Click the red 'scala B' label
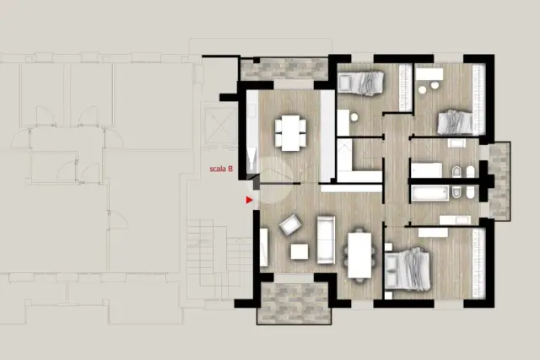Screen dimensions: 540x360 [x=221, y=169]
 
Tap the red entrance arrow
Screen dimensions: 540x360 [x=250, y=200]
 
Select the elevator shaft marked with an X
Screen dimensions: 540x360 [x=219, y=126]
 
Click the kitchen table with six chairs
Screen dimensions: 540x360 [x=290, y=133]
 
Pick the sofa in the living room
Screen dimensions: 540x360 [x=326, y=240]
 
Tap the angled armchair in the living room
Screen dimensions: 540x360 [x=290, y=225]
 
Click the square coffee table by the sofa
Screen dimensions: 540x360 [x=300, y=251]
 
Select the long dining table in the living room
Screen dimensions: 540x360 [x=359, y=255]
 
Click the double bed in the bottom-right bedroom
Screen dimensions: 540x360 [x=408, y=270]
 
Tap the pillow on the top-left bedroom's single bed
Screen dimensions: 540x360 [x=345, y=83]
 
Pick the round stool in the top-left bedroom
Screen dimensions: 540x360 [x=354, y=117]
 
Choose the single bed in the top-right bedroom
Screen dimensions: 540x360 [x=456, y=122]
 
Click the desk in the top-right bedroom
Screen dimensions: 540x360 [x=429, y=74]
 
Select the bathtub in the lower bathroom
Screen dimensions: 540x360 [x=430, y=193]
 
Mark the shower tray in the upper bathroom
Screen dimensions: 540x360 [x=427, y=170]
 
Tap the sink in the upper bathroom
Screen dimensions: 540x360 [x=456, y=142]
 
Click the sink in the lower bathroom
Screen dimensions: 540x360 [x=455, y=220]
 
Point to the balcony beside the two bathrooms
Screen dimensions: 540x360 [x=499, y=181]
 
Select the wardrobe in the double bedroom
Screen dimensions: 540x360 [x=479, y=263]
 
